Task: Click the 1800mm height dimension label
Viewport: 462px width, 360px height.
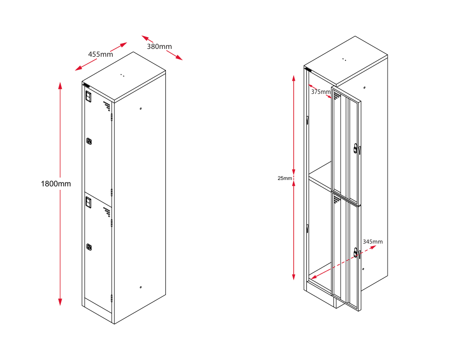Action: click(x=56, y=184)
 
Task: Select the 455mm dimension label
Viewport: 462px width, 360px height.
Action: click(x=100, y=54)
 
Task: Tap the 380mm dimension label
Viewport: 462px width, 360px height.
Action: click(x=160, y=46)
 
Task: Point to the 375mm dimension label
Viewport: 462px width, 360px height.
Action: click(x=321, y=92)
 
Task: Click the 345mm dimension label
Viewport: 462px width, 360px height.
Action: click(x=373, y=242)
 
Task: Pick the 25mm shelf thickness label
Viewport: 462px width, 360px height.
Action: click(x=285, y=178)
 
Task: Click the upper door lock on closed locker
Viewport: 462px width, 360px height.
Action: click(x=89, y=141)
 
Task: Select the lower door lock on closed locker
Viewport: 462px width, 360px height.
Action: click(x=89, y=247)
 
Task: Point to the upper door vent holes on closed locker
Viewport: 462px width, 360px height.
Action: click(x=107, y=106)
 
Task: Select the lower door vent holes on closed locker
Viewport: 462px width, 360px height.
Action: click(x=107, y=212)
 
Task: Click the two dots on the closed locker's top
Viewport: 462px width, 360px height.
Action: click(x=122, y=75)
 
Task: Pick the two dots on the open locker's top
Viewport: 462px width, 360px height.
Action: click(x=344, y=60)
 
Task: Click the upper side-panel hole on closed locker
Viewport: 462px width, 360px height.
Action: click(x=140, y=109)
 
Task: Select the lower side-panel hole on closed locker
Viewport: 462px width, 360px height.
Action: click(x=140, y=287)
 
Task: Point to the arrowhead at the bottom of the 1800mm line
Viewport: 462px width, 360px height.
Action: click(x=60, y=302)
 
